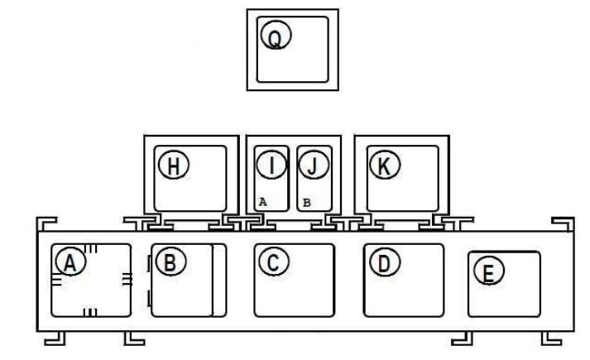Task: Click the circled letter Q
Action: coord(276,36)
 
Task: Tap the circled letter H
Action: coord(174,166)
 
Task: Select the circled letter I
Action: coord(271,166)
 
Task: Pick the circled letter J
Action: coord(311,166)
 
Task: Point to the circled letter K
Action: coord(384,166)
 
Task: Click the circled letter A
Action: coord(70,262)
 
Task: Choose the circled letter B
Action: coord(170,263)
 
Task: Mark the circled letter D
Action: coord(382,262)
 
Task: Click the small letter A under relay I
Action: coord(262,201)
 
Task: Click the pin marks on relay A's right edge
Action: coord(127,281)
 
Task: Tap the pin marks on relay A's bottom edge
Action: coord(92,311)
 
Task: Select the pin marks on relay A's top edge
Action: coord(94,248)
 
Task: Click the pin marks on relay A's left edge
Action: coord(56,281)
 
